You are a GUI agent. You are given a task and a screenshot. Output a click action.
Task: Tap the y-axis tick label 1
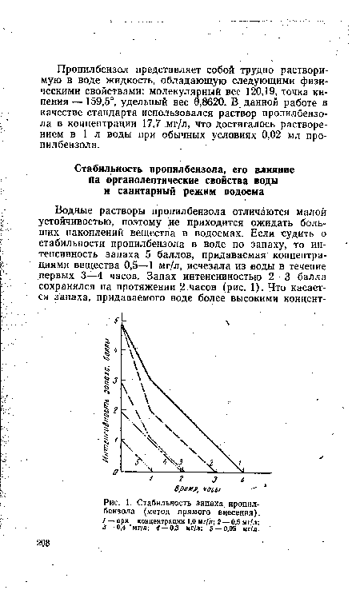(x=117, y=440)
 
